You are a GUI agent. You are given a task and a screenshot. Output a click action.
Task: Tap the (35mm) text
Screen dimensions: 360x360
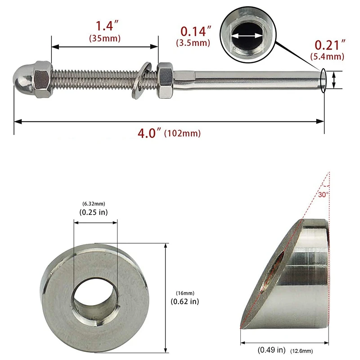(x=104, y=39)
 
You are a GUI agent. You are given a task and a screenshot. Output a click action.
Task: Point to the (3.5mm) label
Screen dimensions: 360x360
(x=193, y=43)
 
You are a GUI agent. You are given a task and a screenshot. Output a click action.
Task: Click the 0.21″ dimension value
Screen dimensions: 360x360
(x=330, y=45)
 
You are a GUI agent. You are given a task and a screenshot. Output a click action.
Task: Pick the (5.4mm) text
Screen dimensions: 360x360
(x=327, y=57)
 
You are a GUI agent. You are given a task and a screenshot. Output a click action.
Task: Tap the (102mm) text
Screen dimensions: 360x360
(x=183, y=134)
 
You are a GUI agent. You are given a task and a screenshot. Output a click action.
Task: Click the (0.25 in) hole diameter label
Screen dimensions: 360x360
(x=94, y=212)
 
